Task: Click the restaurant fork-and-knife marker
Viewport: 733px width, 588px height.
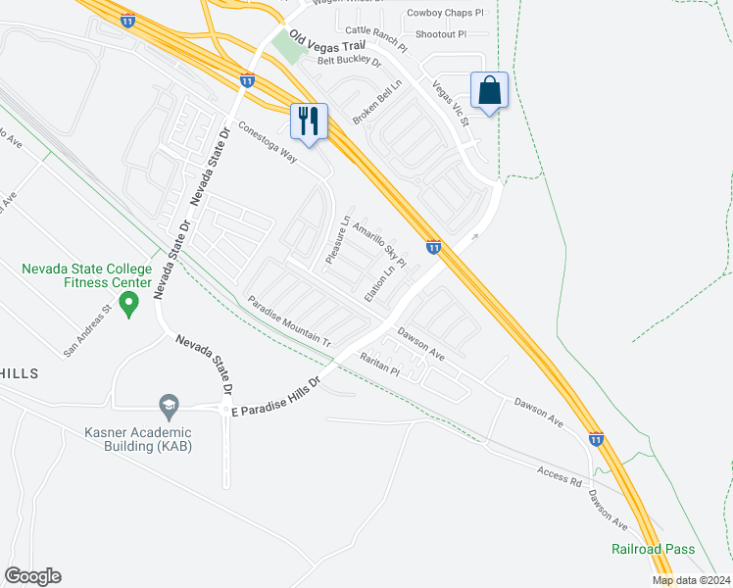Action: click(309, 122)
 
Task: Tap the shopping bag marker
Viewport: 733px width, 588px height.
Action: click(489, 91)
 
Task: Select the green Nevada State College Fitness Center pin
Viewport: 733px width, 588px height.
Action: click(127, 306)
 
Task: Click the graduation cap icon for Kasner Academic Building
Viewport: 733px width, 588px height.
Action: click(169, 405)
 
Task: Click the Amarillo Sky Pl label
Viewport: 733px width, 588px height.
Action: click(379, 241)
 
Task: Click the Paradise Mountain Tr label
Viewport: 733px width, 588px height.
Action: click(289, 320)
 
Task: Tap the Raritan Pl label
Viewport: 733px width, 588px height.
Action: click(380, 365)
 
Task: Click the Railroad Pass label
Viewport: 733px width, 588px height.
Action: click(654, 549)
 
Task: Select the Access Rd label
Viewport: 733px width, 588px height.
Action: click(560, 477)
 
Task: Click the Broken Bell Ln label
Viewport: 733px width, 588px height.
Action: click(378, 101)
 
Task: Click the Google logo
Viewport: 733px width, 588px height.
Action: click(32, 576)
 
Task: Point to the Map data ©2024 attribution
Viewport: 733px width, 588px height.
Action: click(689, 580)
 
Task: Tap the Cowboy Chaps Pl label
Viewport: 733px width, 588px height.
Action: click(445, 13)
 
